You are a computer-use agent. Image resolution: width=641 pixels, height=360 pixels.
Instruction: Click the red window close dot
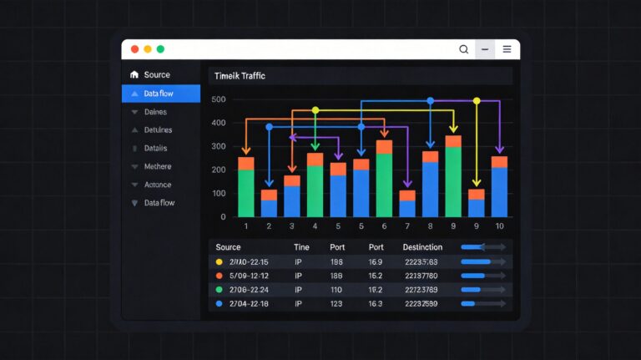134,49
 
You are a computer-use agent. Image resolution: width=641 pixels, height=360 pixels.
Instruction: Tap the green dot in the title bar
160,49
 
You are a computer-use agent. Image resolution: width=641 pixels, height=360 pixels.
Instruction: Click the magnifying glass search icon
464,49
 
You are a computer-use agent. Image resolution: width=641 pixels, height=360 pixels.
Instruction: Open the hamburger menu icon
507,49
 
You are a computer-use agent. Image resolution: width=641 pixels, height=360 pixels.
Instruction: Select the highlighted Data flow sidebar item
160,94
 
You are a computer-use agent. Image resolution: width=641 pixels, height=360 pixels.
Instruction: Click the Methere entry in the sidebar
158,166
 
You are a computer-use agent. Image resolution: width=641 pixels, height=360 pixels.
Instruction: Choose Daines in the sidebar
155,112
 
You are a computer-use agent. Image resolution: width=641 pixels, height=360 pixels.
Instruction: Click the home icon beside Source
134,75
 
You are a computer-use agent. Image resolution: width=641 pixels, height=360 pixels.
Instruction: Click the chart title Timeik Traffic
240,76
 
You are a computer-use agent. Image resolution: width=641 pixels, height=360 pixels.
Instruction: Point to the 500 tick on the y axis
219,99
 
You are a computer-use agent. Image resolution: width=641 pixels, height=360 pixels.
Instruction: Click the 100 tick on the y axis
219,194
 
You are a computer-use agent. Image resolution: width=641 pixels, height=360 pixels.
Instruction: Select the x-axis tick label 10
499,226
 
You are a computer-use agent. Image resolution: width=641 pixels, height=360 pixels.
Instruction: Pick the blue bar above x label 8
430,189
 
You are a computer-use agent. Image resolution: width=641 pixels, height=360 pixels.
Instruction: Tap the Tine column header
301,248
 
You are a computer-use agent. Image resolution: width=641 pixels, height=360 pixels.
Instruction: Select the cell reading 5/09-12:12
249,276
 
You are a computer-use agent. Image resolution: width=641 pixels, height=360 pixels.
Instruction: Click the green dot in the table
220,290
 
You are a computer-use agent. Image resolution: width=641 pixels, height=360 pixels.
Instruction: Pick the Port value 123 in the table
337,304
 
